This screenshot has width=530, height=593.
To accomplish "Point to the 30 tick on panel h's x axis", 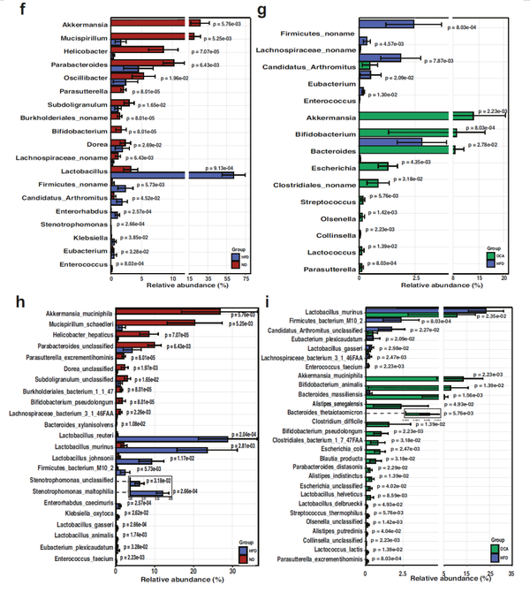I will coord(231,574).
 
